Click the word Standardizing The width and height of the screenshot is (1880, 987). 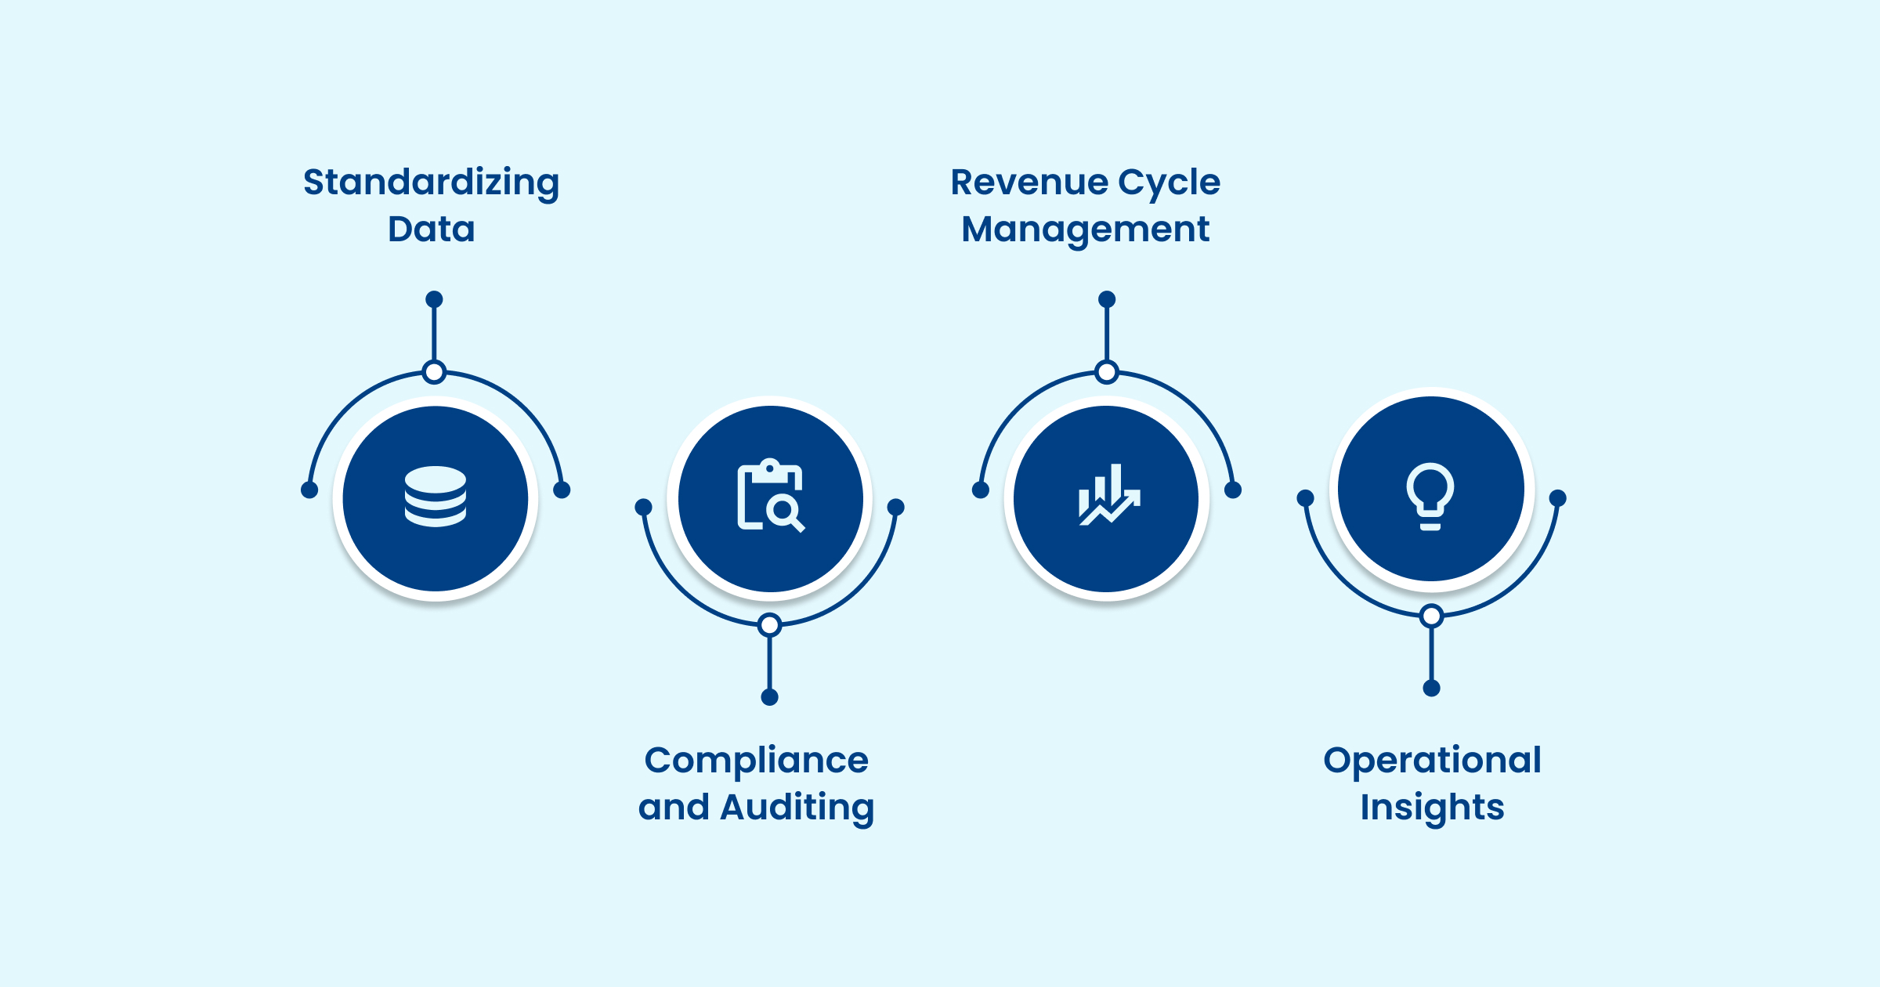coord(431,183)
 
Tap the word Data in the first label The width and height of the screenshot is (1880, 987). coord(432,230)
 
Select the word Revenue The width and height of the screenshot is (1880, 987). coord(1029,183)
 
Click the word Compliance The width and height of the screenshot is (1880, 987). coord(756,761)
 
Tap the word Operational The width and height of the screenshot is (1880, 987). coord(1432,761)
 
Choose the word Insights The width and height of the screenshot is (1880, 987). coord(1432,808)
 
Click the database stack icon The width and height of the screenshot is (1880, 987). coord(436,497)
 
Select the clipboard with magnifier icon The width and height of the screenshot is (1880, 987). coord(771,496)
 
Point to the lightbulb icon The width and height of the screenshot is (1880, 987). coord(1430,495)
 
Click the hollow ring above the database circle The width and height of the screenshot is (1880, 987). coord(434,371)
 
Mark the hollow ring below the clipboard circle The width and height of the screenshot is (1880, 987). coord(770,625)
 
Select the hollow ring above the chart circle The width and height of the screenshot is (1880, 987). coord(1107,371)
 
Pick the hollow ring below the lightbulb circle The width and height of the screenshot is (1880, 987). coord(1432,616)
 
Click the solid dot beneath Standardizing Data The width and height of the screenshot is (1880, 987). coord(434,299)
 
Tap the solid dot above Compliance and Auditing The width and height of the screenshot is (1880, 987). coord(770,697)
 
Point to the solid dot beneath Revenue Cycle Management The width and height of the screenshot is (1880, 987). coord(1107,299)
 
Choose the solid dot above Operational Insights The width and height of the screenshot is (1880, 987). coord(1432,689)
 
